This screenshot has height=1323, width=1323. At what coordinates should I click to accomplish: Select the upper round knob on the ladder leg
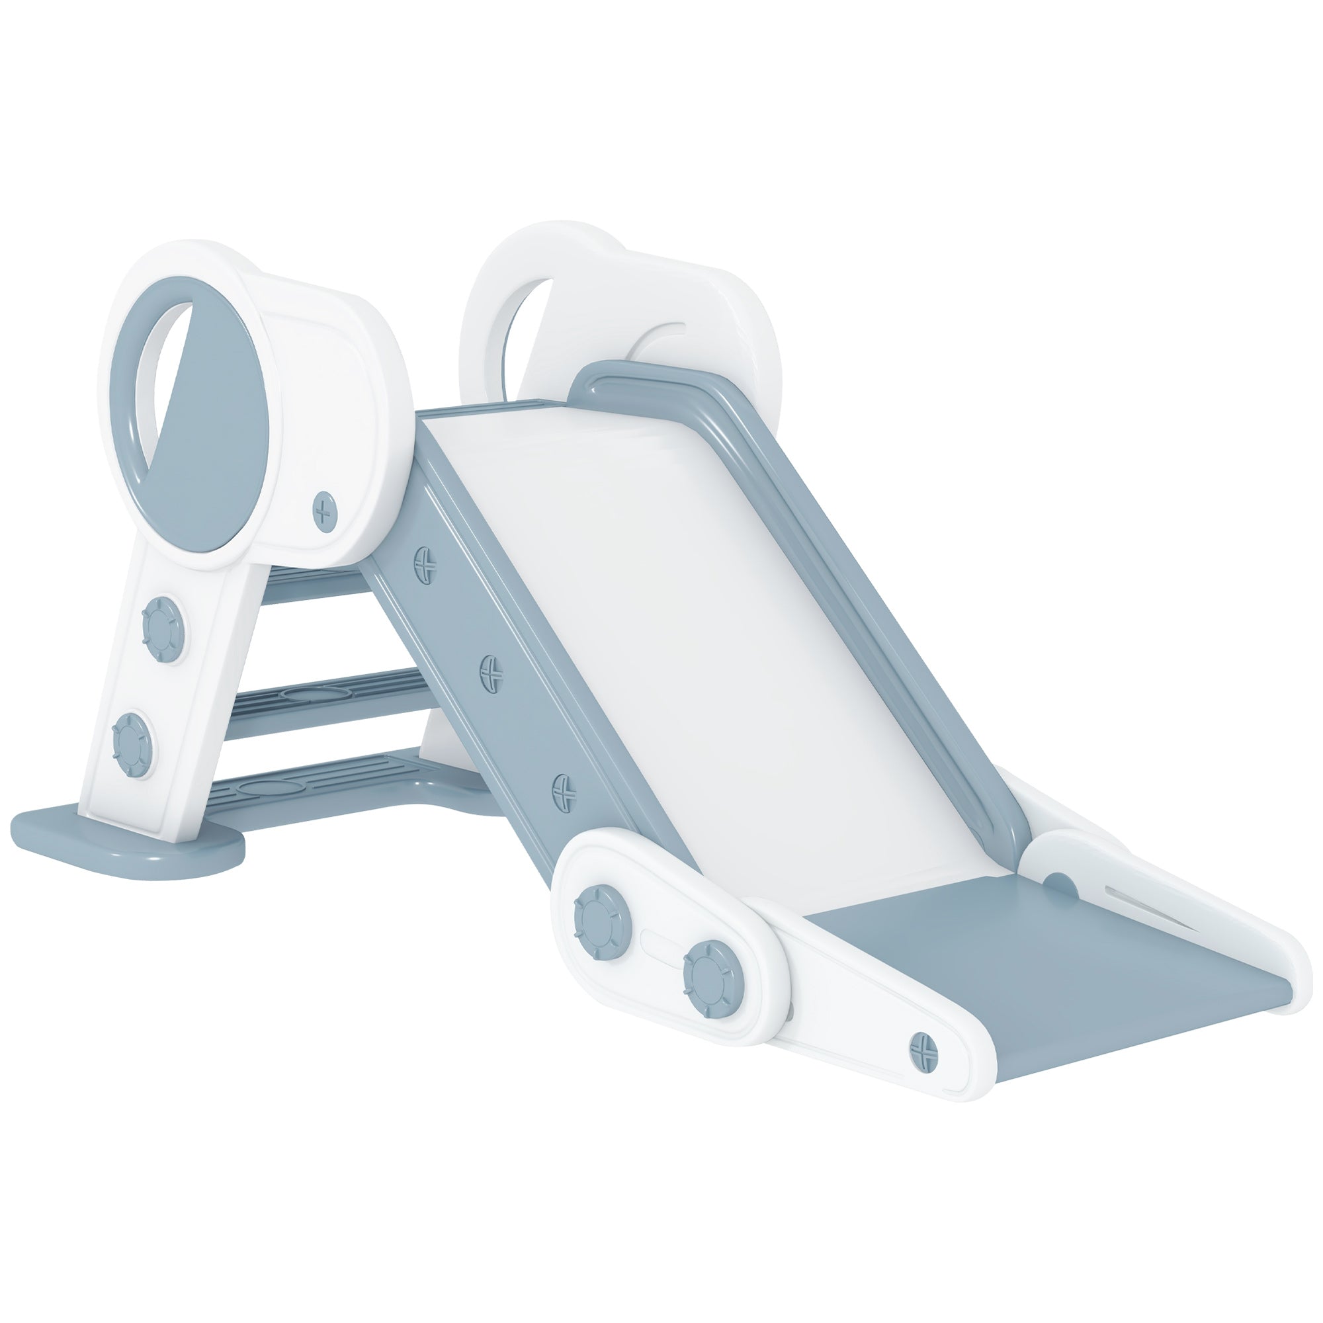click(x=161, y=622)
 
